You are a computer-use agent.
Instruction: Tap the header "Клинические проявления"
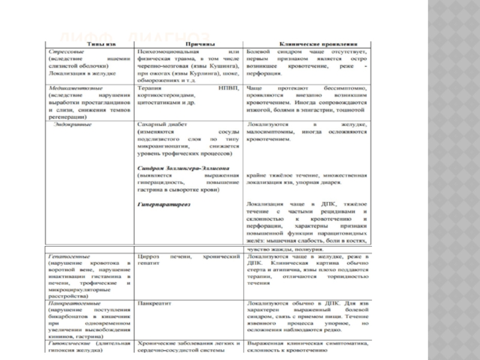(x=307, y=45)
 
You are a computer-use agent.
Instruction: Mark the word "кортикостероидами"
(x=162, y=95)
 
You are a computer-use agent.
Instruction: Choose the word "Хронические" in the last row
(x=155, y=343)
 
